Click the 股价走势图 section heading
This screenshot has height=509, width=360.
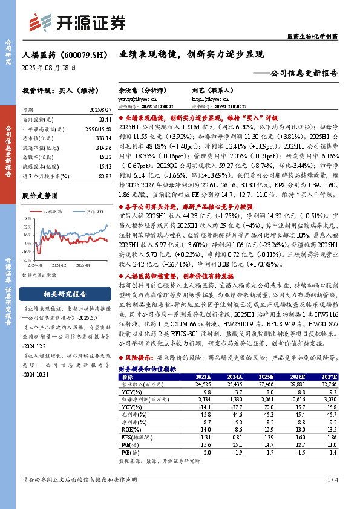click(x=41, y=196)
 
